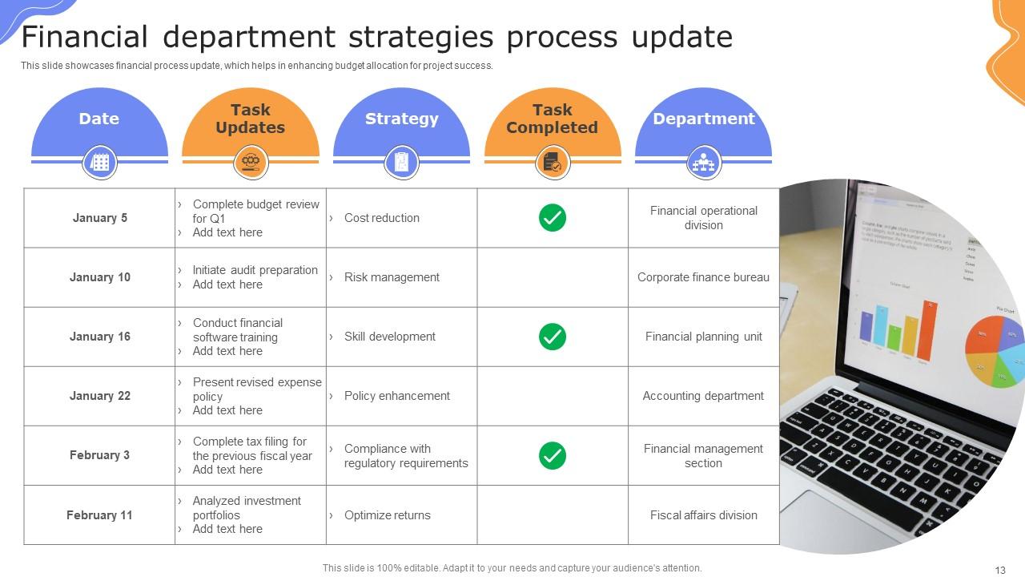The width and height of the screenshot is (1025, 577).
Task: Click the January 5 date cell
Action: coord(100,218)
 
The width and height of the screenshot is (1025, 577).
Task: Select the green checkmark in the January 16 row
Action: coord(553,337)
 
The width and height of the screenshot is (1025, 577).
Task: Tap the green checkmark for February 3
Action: coord(553,455)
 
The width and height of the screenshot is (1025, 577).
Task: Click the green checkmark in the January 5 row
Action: coord(553,218)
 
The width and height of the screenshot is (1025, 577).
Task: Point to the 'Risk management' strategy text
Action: coord(392,277)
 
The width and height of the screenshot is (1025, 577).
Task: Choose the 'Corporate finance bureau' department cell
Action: coord(703,277)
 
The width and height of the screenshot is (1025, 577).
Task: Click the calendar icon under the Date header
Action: coord(100,163)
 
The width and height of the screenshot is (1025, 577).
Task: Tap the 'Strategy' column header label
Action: coord(401,119)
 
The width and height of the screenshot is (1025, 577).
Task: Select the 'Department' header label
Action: coord(703,119)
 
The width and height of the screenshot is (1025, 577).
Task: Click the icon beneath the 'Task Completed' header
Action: coord(553,163)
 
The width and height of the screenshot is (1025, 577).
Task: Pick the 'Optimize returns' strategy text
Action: coord(388,515)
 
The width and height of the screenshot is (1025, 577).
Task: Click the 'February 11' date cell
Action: coord(100,515)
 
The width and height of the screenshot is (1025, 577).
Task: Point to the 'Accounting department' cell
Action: coord(703,396)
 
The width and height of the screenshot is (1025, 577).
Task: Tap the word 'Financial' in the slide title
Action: coord(85,37)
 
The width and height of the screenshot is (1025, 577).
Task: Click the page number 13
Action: coord(1000,570)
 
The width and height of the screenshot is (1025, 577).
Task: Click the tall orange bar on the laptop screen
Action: coord(927,331)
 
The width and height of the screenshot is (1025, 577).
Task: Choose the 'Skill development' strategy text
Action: coord(390,337)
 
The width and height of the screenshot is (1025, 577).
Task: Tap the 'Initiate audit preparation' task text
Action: coord(255,270)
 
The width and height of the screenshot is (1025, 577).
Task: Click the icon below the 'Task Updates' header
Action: coord(251,163)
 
